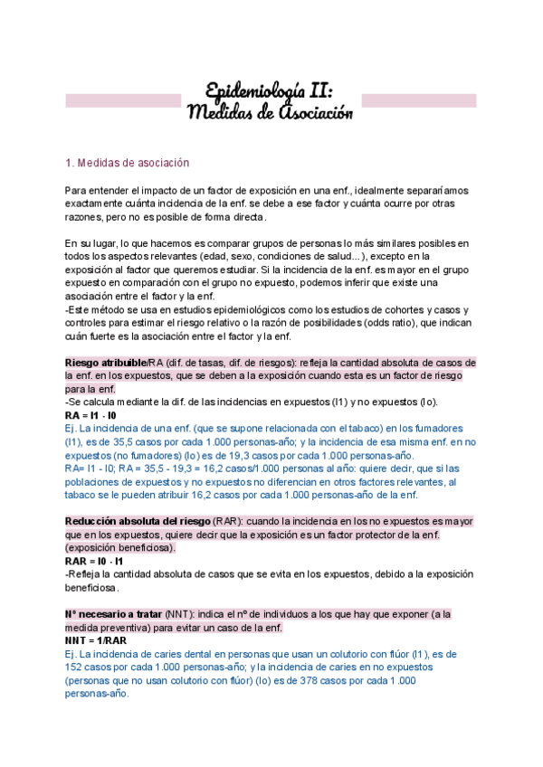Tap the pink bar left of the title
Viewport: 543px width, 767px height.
[x=123, y=99]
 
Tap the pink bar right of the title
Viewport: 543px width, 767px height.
[x=419, y=99]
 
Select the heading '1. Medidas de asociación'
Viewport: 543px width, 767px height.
[x=128, y=163]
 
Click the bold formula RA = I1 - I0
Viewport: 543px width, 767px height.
[x=90, y=414]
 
